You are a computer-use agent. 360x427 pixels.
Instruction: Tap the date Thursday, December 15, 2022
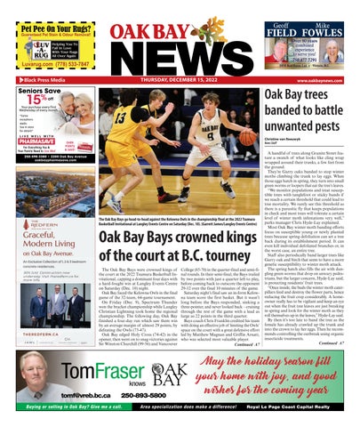[180, 79]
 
